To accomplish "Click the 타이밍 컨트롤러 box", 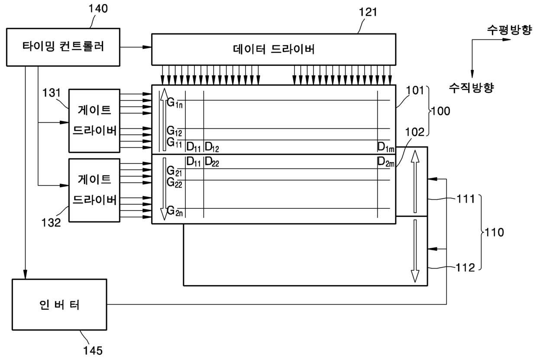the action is tap(63, 47).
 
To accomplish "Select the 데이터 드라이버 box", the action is tap(274, 49).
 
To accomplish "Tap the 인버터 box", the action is tap(59, 305).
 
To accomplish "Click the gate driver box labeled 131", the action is tap(94, 121).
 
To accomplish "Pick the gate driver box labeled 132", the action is tap(94, 190).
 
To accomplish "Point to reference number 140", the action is tap(98, 9).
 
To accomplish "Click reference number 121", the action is tap(368, 12).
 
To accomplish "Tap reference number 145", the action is tap(93, 350).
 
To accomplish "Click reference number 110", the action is tap(494, 232).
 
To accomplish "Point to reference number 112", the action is tap(465, 268).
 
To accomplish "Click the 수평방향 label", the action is tap(509, 30).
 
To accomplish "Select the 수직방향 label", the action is tap(471, 88).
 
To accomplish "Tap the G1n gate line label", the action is tap(175, 103).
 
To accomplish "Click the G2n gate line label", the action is tap(175, 211).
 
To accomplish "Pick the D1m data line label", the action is tap(386, 147).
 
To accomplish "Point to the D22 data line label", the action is tap(212, 162).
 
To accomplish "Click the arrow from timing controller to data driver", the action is tap(136, 47).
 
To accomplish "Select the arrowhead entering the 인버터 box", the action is tap(25, 274).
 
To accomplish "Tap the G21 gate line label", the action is tap(174, 171).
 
